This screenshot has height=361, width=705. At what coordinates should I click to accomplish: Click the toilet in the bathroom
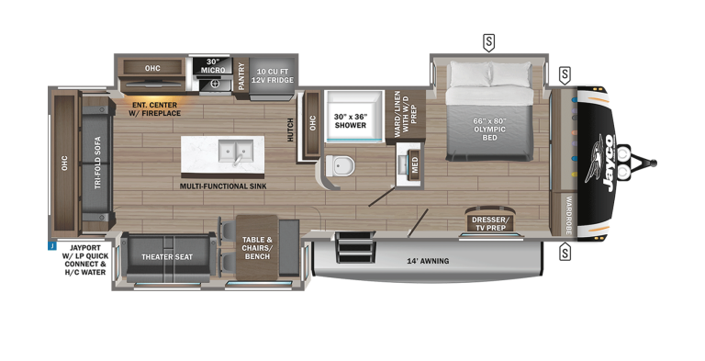(x=340, y=165)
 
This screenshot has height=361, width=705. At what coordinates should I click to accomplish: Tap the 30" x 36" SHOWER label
(x=351, y=120)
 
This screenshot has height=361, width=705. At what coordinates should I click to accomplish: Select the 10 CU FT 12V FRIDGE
(x=272, y=77)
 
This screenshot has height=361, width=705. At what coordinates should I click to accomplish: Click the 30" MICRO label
(x=213, y=66)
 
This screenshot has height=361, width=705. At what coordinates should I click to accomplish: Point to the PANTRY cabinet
(x=241, y=75)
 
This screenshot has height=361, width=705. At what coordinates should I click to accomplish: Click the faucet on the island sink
(x=237, y=160)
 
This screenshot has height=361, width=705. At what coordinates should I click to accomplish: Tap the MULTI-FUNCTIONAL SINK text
(x=223, y=186)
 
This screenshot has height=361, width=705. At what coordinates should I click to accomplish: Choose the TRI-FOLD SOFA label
(x=97, y=163)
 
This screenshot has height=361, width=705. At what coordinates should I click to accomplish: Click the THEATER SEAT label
(x=167, y=257)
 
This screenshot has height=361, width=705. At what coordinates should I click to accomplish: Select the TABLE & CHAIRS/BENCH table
(x=257, y=248)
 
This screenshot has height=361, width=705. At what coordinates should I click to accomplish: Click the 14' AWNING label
(x=428, y=261)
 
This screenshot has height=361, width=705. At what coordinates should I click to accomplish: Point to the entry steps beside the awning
(x=355, y=247)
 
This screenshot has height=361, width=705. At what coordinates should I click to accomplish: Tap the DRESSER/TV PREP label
(x=491, y=224)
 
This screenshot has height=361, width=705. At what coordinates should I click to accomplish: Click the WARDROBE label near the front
(x=568, y=215)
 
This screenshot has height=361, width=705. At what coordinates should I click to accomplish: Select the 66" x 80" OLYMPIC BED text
(x=489, y=130)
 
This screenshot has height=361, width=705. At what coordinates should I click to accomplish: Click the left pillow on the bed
(x=470, y=73)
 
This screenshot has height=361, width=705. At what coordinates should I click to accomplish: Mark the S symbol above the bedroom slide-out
(x=488, y=42)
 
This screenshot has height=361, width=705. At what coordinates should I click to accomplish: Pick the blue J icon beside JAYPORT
(x=52, y=246)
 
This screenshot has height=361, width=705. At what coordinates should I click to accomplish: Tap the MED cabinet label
(x=415, y=165)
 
